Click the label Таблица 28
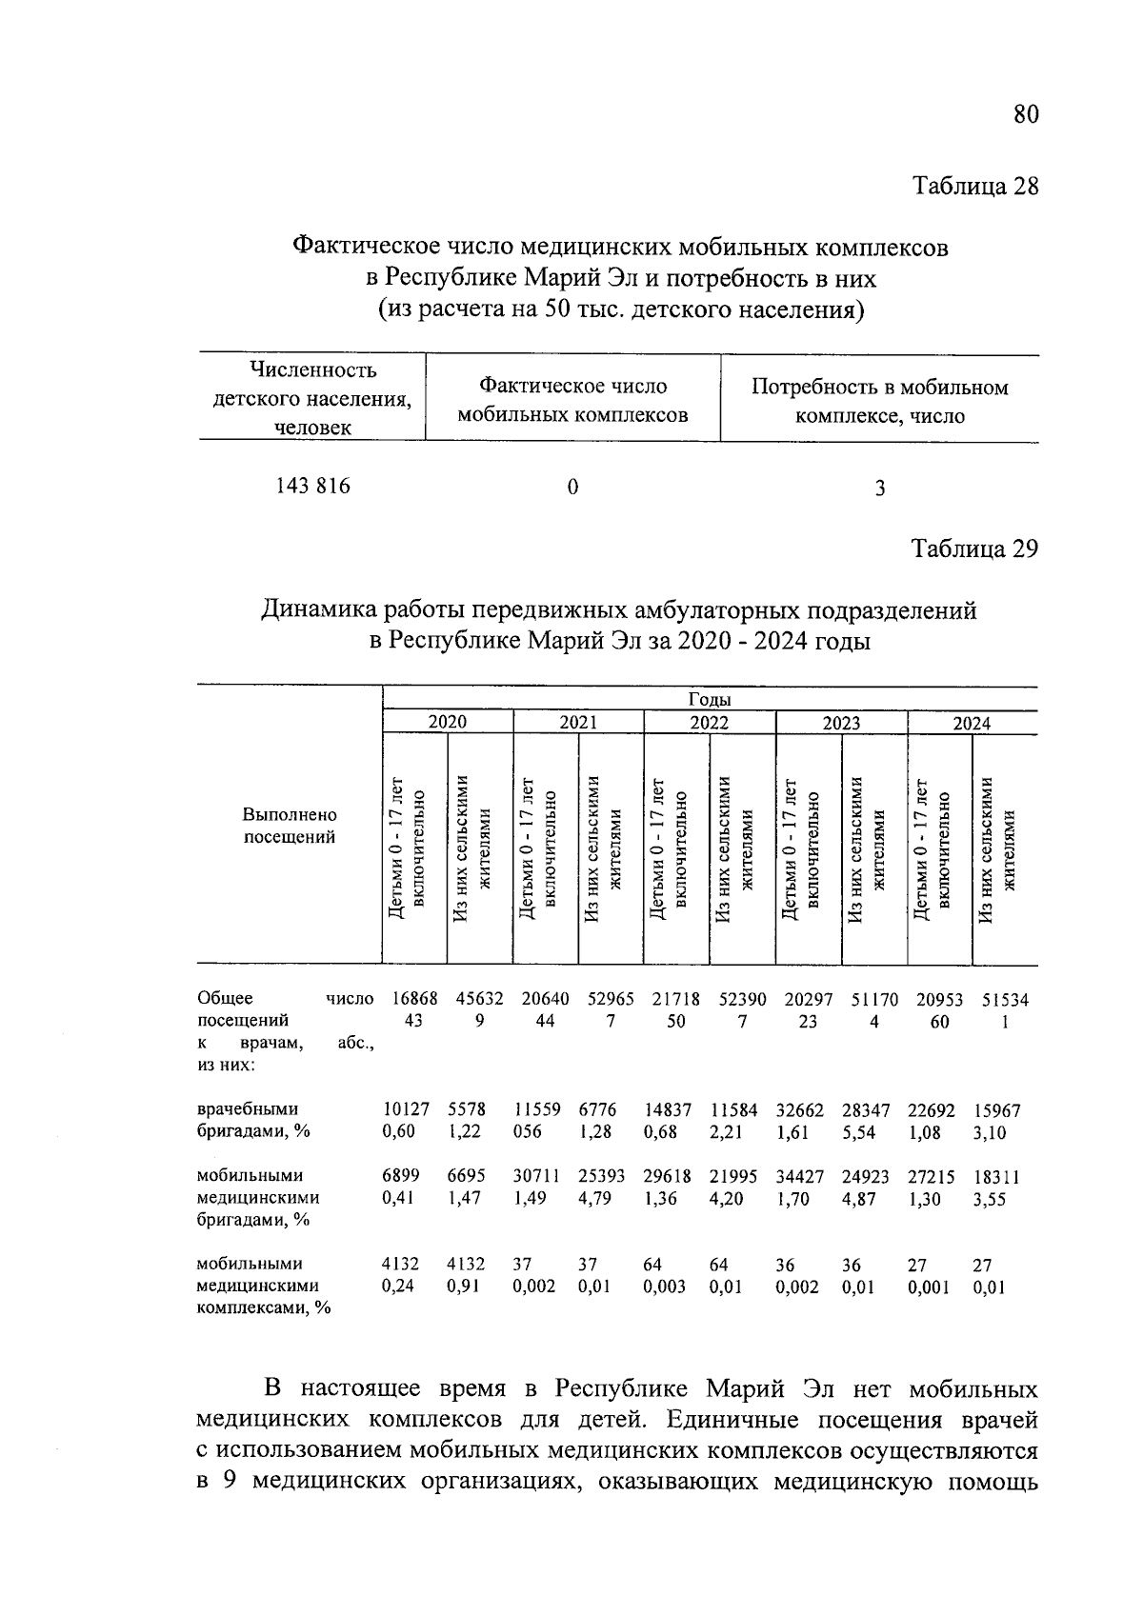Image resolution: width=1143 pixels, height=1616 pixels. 974,186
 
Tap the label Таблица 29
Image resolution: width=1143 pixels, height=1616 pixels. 974,549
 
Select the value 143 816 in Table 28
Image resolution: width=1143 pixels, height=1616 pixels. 312,487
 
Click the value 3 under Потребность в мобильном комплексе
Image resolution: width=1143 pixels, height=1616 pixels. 880,489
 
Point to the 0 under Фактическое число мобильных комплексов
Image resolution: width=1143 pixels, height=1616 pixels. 572,488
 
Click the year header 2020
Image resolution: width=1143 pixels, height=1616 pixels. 447,723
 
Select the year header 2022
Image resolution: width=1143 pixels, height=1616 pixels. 709,723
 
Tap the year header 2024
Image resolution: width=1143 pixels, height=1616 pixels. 973,724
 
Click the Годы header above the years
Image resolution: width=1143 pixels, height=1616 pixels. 709,700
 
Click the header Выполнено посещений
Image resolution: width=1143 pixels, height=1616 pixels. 290,827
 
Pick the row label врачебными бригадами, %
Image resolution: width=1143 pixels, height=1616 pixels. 253,1121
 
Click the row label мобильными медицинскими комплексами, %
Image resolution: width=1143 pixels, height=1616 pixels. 263,1286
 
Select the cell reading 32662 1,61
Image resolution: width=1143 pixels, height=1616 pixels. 806,1121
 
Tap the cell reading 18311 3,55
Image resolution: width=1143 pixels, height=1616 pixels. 996,1187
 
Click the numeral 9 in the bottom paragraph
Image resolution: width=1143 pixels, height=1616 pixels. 228,1483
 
